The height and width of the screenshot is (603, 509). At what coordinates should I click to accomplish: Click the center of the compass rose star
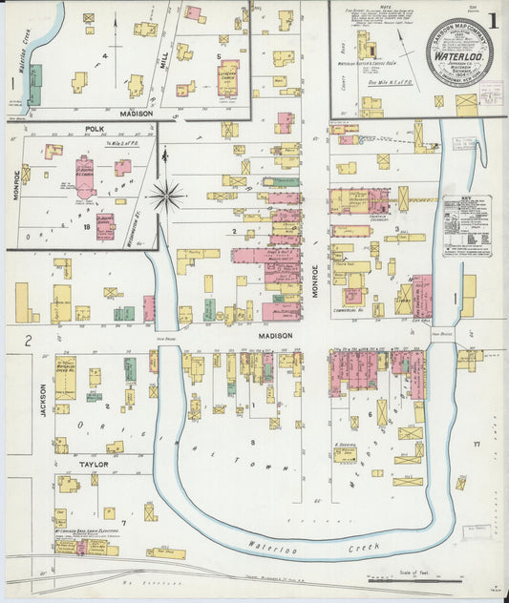[x=166, y=197]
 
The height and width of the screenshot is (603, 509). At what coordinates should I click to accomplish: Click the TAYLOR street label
[x=94, y=464]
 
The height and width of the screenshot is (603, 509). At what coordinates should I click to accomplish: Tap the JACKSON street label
[x=43, y=402]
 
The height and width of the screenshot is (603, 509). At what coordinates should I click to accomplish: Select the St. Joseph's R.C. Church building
[x=85, y=177]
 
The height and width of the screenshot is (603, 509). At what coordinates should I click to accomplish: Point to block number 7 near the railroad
[x=123, y=523]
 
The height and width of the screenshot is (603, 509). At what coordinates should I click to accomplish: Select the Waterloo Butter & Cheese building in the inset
[x=366, y=48]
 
